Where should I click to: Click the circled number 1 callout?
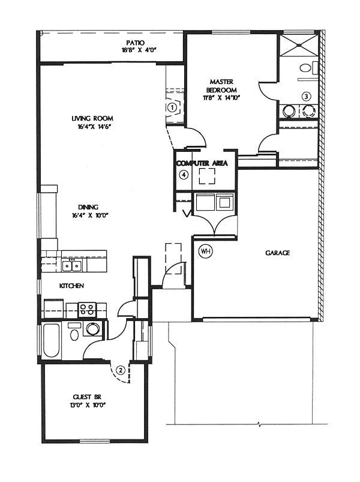tap(172, 107)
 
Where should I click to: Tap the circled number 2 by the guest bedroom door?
tap(121, 370)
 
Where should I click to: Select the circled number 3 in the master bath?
tap(306, 96)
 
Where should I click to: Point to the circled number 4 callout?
tap(184, 175)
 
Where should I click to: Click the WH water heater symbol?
tap(206, 251)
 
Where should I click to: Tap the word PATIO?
tap(135, 43)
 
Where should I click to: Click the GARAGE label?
tap(277, 253)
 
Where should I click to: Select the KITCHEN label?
tap(71, 286)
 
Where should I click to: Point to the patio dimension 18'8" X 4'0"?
tap(139, 50)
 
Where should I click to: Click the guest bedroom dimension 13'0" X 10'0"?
tap(88, 405)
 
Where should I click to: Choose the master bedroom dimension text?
tap(221, 98)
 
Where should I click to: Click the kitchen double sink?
tap(72, 265)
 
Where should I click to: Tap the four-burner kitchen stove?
tap(87, 310)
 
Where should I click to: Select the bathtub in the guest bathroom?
tap(50, 340)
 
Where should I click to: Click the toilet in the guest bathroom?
tap(74, 333)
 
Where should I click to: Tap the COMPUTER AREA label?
tap(202, 163)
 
